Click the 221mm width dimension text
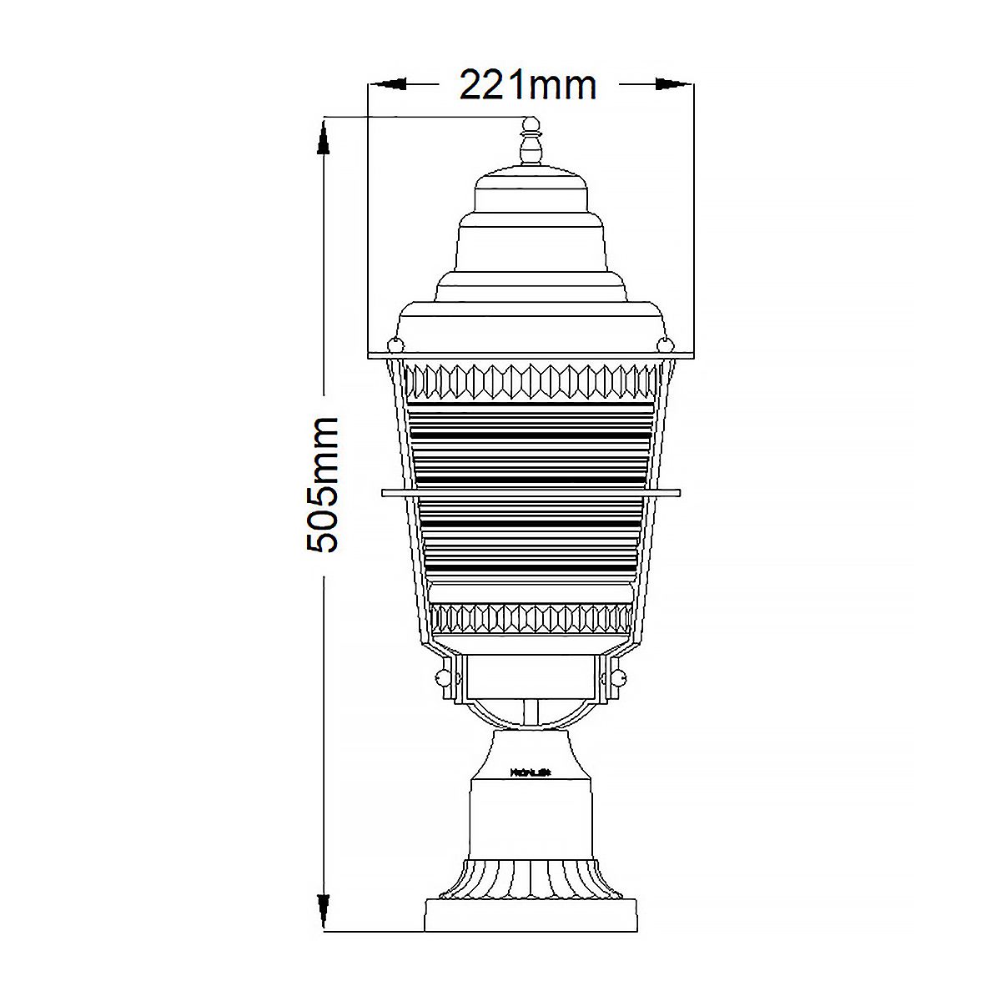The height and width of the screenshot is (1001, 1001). [x=529, y=85]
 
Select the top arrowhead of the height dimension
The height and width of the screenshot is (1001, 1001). [x=323, y=138]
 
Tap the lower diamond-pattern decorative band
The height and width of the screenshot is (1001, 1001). [x=531, y=618]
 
